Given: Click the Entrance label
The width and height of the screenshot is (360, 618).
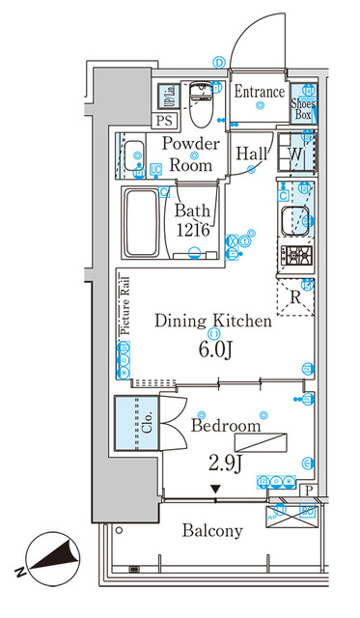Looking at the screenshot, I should pyautogui.click(x=260, y=93).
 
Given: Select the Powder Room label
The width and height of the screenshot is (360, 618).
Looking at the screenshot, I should pyautogui.click(x=192, y=154).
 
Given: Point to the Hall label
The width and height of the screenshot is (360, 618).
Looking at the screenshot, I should pyautogui.click(x=252, y=153).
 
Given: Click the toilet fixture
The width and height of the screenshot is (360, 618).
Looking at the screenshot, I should pyautogui.click(x=202, y=104).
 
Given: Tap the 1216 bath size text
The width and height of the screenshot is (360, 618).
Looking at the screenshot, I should pyautogui.click(x=196, y=229).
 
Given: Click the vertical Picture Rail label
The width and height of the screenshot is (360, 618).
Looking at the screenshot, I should pyautogui.click(x=125, y=305).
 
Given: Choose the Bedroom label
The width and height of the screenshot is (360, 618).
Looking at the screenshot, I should pyautogui.click(x=226, y=426).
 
